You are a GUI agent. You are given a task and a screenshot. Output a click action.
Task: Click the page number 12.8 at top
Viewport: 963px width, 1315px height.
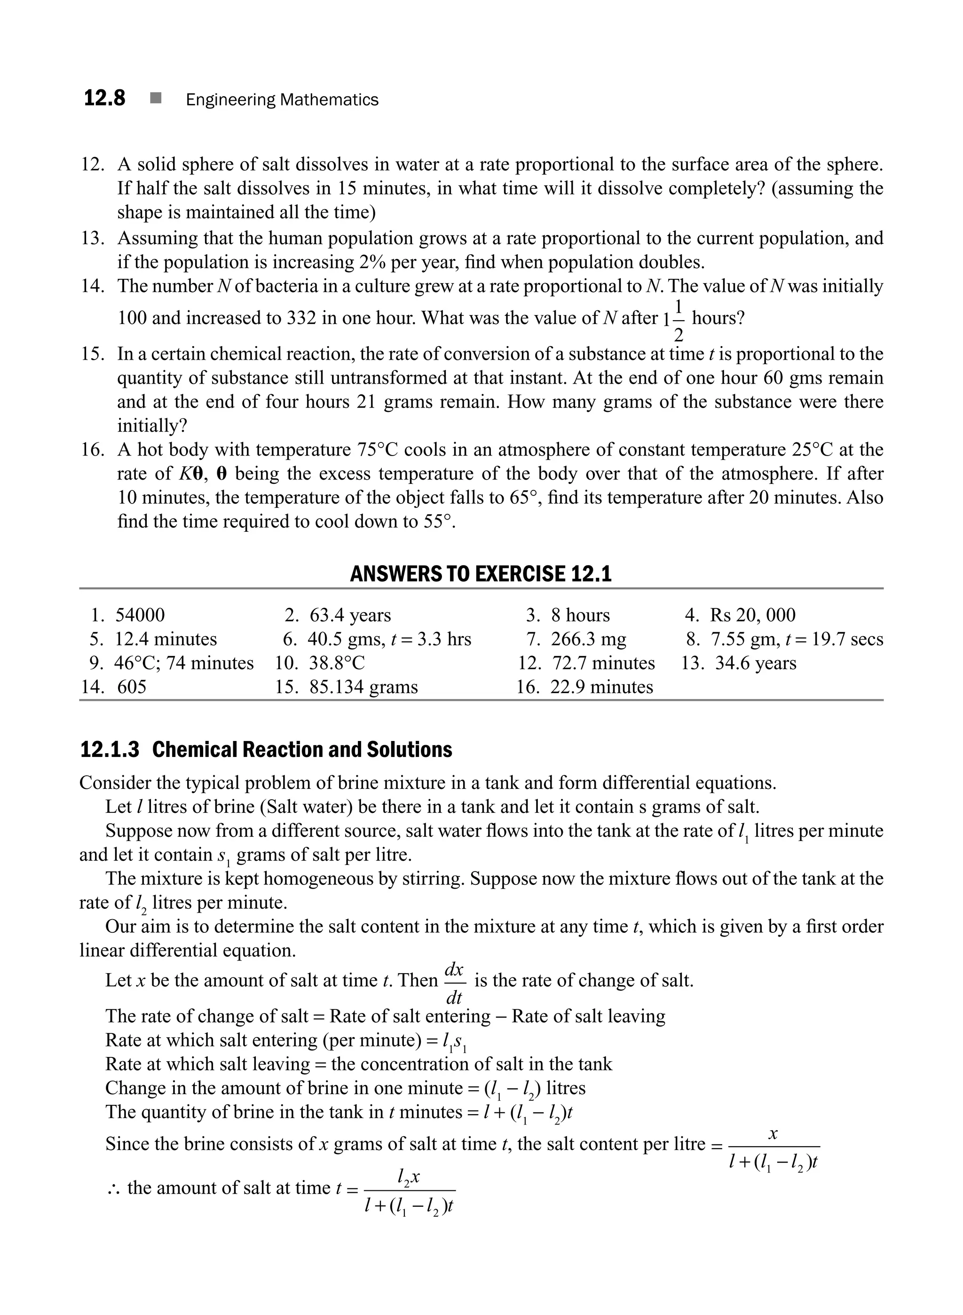[x=104, y=98]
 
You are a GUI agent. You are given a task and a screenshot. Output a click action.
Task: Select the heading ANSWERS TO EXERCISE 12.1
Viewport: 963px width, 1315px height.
[x=481, y=574]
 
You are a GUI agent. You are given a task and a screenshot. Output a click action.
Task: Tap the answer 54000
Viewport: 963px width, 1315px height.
[x=140, y=615]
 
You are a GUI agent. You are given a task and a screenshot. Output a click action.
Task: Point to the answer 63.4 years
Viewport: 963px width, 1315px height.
[x=350, y=615]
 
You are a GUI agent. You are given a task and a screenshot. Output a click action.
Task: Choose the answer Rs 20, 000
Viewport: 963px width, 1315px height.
[x=752, y=615]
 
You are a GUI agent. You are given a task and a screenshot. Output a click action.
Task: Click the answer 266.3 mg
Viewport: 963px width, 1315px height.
[x=588, y=639]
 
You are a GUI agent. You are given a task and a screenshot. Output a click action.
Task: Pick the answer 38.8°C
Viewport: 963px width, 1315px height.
[x=336, y=663]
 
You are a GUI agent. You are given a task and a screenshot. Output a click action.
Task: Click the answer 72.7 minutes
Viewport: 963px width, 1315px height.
[x=603, y=663]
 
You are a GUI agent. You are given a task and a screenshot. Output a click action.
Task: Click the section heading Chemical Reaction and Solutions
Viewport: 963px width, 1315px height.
[x=301, y=749]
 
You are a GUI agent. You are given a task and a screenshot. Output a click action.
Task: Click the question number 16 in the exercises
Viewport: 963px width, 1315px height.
[x=92, y=450]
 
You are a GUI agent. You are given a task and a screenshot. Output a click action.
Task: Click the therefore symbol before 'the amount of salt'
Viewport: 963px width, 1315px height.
[x=113, y=1188]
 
